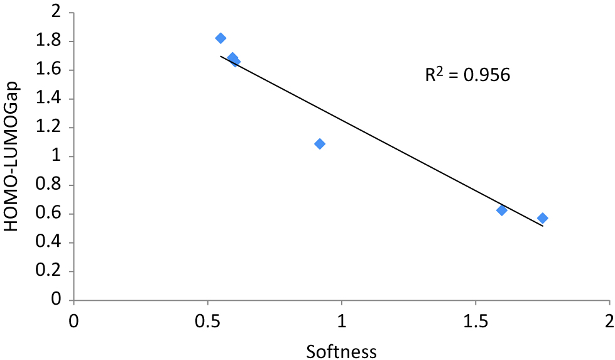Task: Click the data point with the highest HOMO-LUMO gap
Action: point(220,38)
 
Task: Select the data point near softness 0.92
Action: point(320,144)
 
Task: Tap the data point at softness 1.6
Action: point(501,210)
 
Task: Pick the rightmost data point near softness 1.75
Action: point(542,218)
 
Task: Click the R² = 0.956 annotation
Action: point(467,75)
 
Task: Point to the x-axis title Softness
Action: point(341,351)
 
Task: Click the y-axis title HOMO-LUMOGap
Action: point(13,157)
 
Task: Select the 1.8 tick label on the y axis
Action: point(51,41)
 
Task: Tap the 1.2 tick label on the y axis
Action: point(51,128)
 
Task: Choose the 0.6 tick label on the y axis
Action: point(51,214)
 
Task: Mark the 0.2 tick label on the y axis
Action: point(51,271)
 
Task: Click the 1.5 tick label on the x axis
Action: point(476,319)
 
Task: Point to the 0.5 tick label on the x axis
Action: point(208,319)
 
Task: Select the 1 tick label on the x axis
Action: point(342,319)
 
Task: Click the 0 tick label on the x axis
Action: point(74,319)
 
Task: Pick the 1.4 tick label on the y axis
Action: point(51,99)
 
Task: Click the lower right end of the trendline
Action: point(542,226)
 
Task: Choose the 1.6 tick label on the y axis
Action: point(51,70)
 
